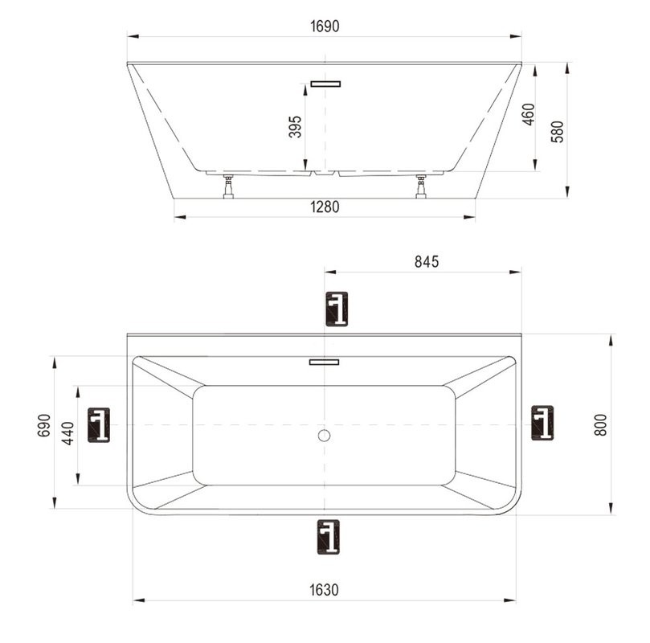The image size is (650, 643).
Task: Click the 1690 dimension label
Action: tap(325, 27)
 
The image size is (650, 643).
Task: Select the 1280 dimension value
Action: tap(325, 207)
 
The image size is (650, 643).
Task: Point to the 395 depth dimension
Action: tap(295, 127)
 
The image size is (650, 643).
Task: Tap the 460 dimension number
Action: tap(528, 116)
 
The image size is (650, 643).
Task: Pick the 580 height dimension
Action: tap(558, 131)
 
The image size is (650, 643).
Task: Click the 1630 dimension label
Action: tap(325, 590)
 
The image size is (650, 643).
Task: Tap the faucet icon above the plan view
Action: tap(337, 309)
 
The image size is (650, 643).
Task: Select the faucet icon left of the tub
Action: tap(98, 424)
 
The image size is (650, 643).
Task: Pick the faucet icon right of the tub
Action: tap(542, 423)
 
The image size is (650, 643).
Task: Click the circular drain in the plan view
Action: tap(324, 436)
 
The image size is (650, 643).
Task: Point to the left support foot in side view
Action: tap(229, 186)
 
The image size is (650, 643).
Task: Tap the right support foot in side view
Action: tap(420, 186)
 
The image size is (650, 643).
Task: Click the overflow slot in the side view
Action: tap(325, 82)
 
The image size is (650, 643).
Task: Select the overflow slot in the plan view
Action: tap(324, 362)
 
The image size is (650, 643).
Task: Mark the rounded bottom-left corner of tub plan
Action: tap(138, 503)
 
